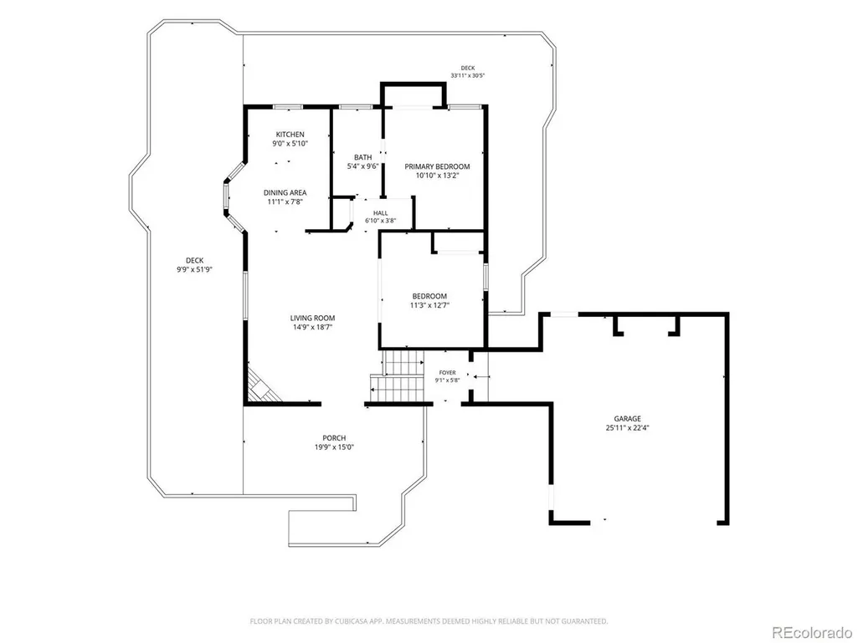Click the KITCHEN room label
pos(290,135)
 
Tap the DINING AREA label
pos(285,192)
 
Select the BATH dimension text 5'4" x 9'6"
pos(362,166)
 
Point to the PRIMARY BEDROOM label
pos(437,166)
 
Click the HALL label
pos(381,213)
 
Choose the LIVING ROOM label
pos(312,319)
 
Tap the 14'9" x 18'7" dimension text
pos(312,328)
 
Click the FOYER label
pos(448,373)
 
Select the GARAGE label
pos(627,419)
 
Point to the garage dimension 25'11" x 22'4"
pos(627,428)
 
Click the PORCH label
pos(334,438)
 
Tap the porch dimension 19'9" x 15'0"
pos(334,447)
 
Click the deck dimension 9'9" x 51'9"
pos(194,269)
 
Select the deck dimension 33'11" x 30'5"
pos(468,76)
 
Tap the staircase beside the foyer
pos(398,377)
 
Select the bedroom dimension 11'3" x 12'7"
pos(430,306)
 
